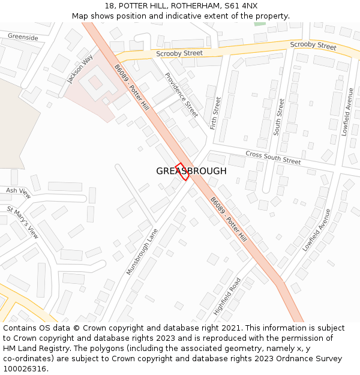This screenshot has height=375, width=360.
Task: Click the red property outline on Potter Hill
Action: (182, 172)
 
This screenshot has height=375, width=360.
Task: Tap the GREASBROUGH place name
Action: (191, 171)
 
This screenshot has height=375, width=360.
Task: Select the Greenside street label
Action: (23, 37)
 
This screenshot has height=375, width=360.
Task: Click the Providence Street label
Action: (181, 95)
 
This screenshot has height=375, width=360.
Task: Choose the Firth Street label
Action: (216, 113)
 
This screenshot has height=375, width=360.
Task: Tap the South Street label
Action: (278, 116)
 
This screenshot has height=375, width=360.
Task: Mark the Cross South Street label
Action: (273, 158)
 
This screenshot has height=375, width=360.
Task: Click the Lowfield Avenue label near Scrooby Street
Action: (347, 112)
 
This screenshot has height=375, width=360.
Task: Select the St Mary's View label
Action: (23, 223)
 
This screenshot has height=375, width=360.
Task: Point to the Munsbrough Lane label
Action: (142, 251)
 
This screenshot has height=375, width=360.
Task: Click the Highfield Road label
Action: (227, 296)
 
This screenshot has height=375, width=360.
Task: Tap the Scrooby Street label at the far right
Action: (313, 46)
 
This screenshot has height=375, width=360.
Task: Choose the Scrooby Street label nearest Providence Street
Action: (179, 53)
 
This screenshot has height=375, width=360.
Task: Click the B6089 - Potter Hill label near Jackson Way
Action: (131, 88)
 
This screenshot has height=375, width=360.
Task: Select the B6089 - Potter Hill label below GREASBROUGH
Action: (229, 219)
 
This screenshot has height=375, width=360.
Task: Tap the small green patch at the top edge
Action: (259, 24)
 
